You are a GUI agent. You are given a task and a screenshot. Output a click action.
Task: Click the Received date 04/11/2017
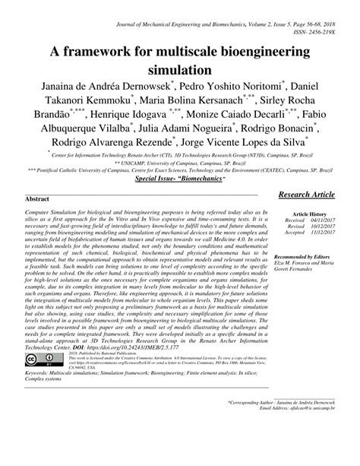coord(325,221)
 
